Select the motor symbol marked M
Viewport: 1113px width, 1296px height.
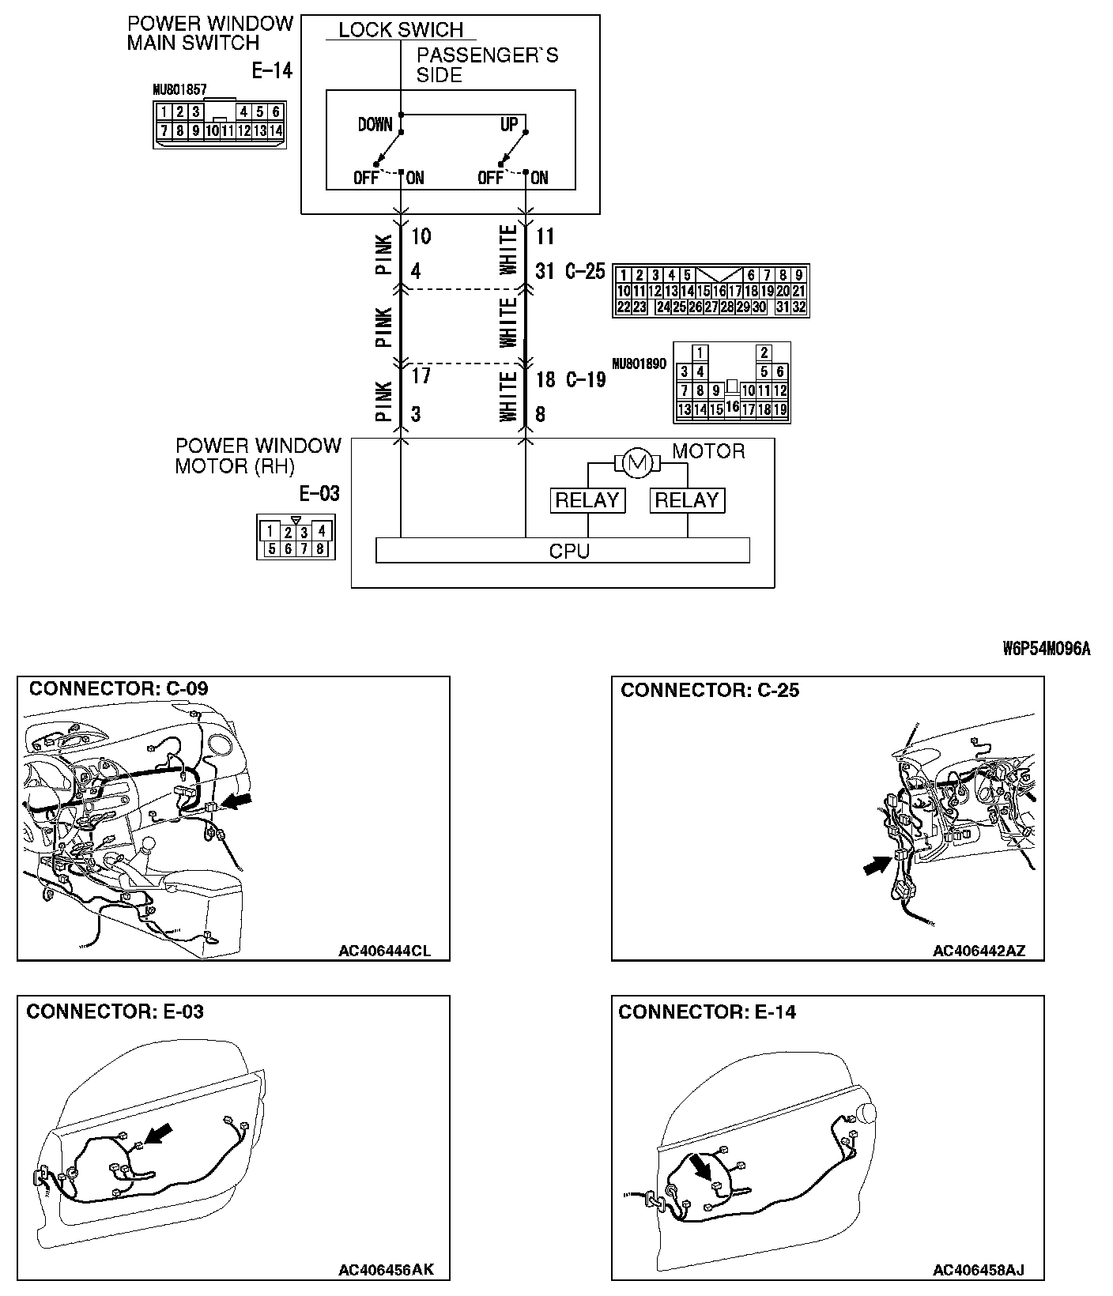point(637,463)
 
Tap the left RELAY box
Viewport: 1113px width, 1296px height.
point(587,500)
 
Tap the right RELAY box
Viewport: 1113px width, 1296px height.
point(686,500)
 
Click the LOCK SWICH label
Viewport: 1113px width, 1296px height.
point(401,30)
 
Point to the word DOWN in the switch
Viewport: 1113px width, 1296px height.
point(375,125)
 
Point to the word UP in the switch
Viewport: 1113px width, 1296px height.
point(509,125)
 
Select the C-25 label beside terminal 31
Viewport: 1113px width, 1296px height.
point(586,272)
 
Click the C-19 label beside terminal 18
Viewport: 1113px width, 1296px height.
point(586,379)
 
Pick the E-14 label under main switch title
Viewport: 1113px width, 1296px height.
point(272,71)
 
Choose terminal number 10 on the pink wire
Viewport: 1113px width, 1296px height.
point(421,236)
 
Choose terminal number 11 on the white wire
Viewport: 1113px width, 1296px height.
point(545,236)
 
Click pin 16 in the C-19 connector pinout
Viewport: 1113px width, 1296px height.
point(732,407)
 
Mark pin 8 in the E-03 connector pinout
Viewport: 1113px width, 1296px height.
point(321,548)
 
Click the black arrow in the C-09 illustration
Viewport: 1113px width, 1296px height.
point(237,801)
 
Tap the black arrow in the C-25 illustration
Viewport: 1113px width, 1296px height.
point(873,867)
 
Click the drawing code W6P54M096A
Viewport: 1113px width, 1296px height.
point(1047,649)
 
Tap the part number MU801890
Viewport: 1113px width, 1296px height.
point(639,364)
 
